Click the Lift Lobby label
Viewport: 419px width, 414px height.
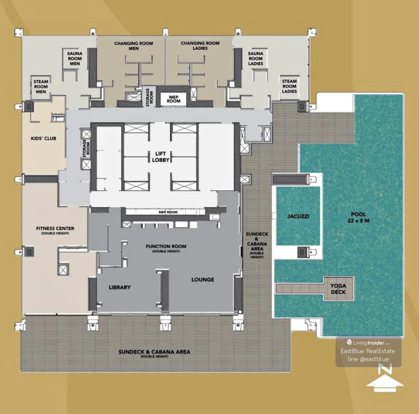tap(161, 157)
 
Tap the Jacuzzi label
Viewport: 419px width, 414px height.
tap(298, 216)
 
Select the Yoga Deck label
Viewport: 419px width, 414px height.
tap(338, 289)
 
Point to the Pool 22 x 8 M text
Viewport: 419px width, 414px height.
tap(358, 217)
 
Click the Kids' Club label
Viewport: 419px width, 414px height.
tap(44, 138)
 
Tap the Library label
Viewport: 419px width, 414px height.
tap(120, 287)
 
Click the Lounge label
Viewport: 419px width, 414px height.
tap(203, 280)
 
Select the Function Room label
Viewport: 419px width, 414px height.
tap(166, 248)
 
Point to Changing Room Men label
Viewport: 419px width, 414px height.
tap(133, 46)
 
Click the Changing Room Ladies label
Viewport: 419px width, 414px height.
tap(200, 45)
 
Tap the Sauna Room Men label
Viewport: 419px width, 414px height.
tap(75, 58)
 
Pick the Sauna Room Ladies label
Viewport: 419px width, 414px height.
tap(256, 58)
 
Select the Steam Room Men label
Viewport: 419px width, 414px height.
tap(41, 86)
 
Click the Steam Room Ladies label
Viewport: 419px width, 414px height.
tap(289, 86)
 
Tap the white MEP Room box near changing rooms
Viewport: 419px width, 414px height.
tap(173, 99)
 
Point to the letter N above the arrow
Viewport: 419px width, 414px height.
tap(385, 369)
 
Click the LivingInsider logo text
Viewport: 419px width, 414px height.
tap(369, 343)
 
